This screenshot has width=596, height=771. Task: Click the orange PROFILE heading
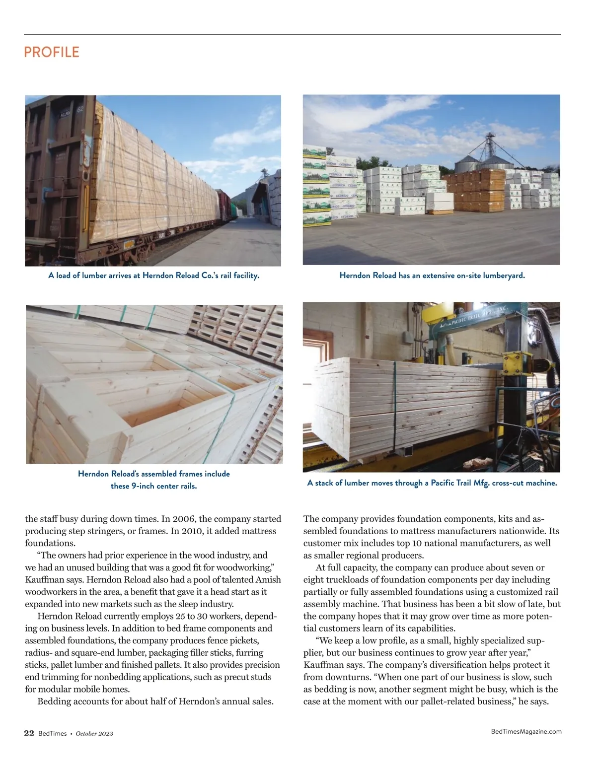[52, 52]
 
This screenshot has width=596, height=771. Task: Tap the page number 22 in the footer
[29, 733]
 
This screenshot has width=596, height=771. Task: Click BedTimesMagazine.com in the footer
[526, 731]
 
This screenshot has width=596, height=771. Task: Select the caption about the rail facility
[153, 275]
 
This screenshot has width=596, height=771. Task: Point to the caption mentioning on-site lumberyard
[432, 275]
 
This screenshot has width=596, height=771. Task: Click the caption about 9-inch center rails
[153, 480]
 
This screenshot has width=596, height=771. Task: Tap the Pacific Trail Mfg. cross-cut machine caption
[432, 483]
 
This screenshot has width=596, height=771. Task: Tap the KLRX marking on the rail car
[67, 115]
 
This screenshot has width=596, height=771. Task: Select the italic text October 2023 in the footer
[94, 734]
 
